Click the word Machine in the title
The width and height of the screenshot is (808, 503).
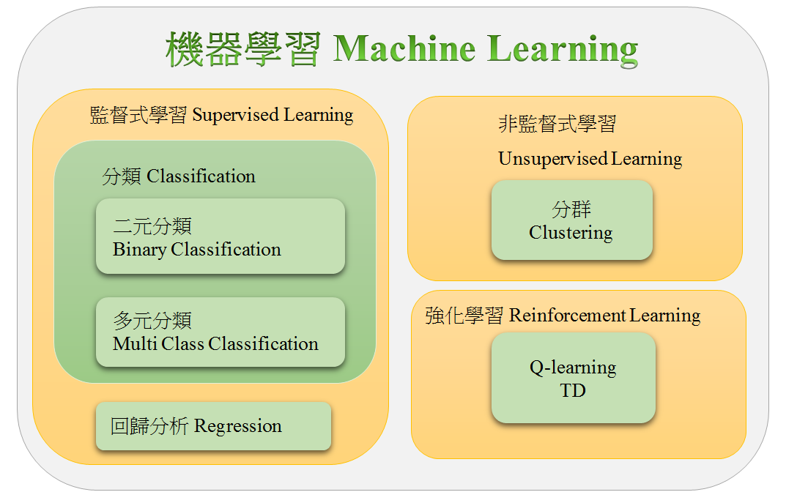click(x=404, y=48)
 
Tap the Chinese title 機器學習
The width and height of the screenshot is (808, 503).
click(x=243, y=50)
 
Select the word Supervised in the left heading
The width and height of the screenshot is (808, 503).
click(x=235, y=116)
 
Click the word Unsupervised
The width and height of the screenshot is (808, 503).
click(x=553, y=159)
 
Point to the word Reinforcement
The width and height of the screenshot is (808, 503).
click(x=567, y=316)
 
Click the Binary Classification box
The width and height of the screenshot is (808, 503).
click(x=220, y=236)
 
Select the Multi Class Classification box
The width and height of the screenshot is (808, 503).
click(x=220, y=332)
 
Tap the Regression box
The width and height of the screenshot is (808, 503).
click(x=213, y=426)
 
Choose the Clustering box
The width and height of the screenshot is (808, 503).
click(x=572, y=220)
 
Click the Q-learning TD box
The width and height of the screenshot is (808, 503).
click(x=574, y=378)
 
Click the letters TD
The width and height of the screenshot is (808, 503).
click(x=573, y=391)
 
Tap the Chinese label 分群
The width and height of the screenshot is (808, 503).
click(x=571, y=209)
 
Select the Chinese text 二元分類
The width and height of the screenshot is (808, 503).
click(x=152, y=226)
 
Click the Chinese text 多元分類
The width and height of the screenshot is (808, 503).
click(x=152, y=321)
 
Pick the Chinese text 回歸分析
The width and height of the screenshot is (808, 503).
click(x=149, y=426)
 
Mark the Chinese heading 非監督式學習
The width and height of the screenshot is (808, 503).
click(x=557, y=124)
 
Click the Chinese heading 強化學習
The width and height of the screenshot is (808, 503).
click(x=464, y=316)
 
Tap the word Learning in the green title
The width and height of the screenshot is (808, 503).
click(x=563, y=51)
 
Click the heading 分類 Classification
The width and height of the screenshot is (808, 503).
click(x=179, y=176)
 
